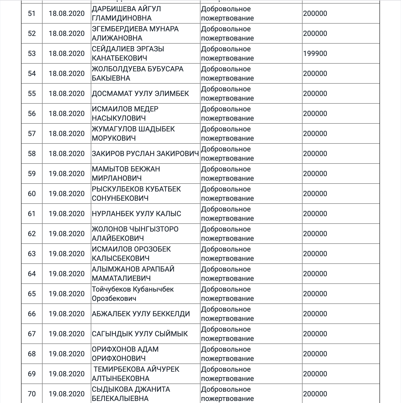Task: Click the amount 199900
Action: (315, 53)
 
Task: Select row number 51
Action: (32, 13)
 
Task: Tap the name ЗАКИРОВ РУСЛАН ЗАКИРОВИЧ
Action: (145, 153)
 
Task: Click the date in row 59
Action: (67, 174)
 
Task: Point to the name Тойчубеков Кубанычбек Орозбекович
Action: (133, 294)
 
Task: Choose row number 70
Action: (32, 394)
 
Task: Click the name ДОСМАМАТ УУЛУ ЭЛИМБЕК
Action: (140, 93)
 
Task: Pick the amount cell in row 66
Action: (315, 314)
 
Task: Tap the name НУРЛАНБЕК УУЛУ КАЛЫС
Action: (136, 214)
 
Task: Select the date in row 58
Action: (67, 153)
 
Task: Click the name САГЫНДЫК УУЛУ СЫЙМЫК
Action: (140, 334)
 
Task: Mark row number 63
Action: (32, 254)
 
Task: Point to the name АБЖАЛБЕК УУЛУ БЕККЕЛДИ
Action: (141, 314)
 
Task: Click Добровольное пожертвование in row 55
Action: (227, 93)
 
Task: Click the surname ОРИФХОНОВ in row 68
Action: (114, 349)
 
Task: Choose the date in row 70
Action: (67, 394)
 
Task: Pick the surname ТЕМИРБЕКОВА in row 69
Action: (118, 369)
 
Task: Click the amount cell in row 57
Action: (315, 133)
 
